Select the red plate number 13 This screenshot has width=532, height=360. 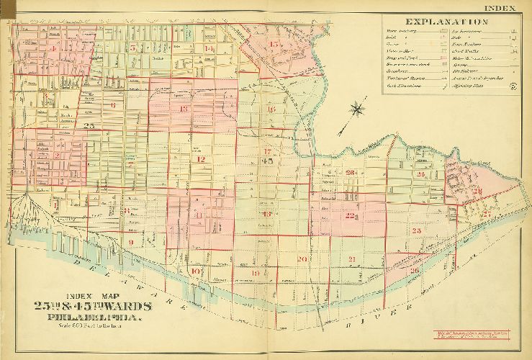point(184,109)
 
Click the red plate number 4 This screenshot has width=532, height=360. point(53,48)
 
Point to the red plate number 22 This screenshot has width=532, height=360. point(351,215)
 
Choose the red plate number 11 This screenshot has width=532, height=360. point(197,214)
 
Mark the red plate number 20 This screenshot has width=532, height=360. point(302,258)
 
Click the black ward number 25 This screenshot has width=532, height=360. point(89,126)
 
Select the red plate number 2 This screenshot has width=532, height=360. point(56,154)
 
